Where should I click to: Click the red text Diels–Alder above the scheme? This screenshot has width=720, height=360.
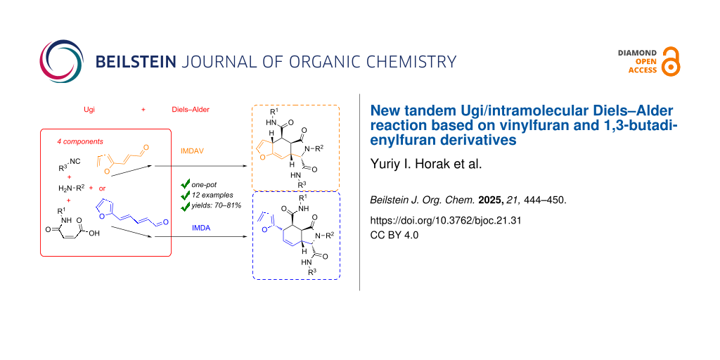tap(191, 110)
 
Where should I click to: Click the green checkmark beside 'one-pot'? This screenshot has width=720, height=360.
tap(185, 185)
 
